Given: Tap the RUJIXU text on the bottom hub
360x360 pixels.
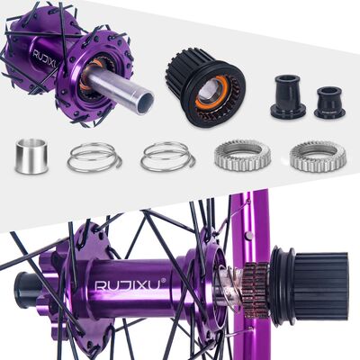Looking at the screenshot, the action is pos(127,285).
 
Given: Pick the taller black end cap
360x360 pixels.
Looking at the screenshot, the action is pos(288,96).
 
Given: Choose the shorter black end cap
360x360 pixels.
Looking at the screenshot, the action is pos(330,103).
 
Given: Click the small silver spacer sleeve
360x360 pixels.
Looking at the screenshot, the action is pos(31,156).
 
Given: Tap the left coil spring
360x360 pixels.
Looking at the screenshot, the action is pos(94,157).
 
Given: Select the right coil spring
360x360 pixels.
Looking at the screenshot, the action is pos(168,157).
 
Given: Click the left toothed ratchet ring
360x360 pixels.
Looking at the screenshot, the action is pos(242,157).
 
